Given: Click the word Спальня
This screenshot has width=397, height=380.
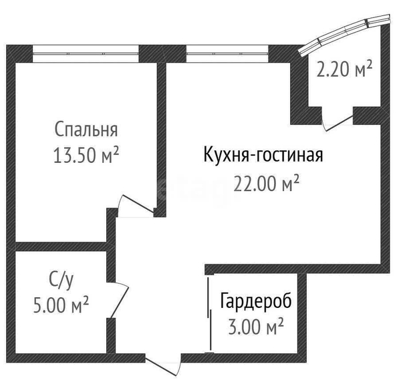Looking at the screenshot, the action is tap(86, 130).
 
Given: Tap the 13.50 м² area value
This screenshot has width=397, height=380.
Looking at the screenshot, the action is tap(86, 155).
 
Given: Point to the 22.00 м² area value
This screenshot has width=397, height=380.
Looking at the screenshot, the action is tap(267, 184).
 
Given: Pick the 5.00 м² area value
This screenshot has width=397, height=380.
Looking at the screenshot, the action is tap(61, 305).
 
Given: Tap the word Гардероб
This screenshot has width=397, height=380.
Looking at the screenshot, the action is tap(256, 301).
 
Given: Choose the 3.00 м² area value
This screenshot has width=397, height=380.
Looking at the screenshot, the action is tap(256, 327).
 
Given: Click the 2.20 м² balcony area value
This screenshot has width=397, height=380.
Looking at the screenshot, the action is tap(345, 69).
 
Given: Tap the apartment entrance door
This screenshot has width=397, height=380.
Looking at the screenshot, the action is tap(163, 365).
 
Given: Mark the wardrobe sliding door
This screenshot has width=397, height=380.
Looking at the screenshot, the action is tap(209, 315).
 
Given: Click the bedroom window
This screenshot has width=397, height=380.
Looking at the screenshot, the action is tap(86, 53).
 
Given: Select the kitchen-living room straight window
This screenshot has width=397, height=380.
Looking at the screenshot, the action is tap(227, 53).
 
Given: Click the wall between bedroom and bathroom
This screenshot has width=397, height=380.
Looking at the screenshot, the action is tap(61, 246).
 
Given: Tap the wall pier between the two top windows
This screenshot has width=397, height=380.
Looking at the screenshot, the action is tap(162, 53).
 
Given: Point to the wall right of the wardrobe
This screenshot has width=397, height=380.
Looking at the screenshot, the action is tap(302, 313).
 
